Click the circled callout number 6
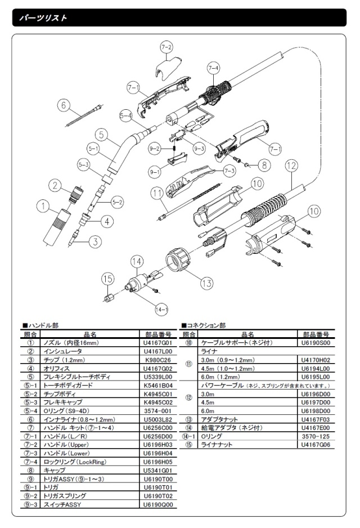[x=64, y=105]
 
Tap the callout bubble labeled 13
[x=206, y=283]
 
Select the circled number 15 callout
[x=107, y=279]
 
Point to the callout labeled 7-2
[x=166, y=47]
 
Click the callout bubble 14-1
[x=161, y=310]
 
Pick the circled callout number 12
[x=291, y=165]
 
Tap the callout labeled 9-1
[x=155, y=172]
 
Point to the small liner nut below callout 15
[x=109, y=298]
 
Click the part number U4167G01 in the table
[x=158, y=343]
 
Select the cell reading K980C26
[x=158, y=360]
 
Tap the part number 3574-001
[x=158, y=411]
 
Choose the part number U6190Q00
[x=158, y=504]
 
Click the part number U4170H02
[x=316, y=360]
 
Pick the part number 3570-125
[x=316, y=436]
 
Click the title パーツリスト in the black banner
[x=43, y=17]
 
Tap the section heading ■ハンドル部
[x=40, y=325]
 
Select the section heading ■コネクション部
[x=203, y=325]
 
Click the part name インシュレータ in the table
[x=62, y=351]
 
